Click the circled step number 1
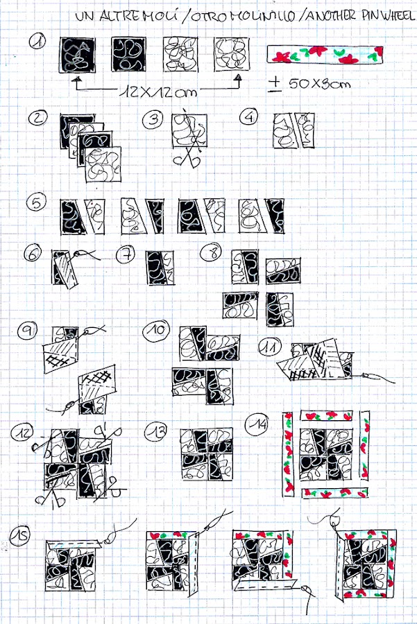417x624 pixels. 38,41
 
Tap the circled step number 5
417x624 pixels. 36,202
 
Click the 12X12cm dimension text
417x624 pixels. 158,92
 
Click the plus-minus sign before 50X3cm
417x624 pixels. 275,84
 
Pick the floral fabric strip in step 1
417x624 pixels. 325,55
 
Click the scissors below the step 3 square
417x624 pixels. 187,157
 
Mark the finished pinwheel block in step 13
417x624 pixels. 206,454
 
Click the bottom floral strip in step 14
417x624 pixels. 334,493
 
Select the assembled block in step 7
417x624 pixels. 160,268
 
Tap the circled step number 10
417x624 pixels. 156,329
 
